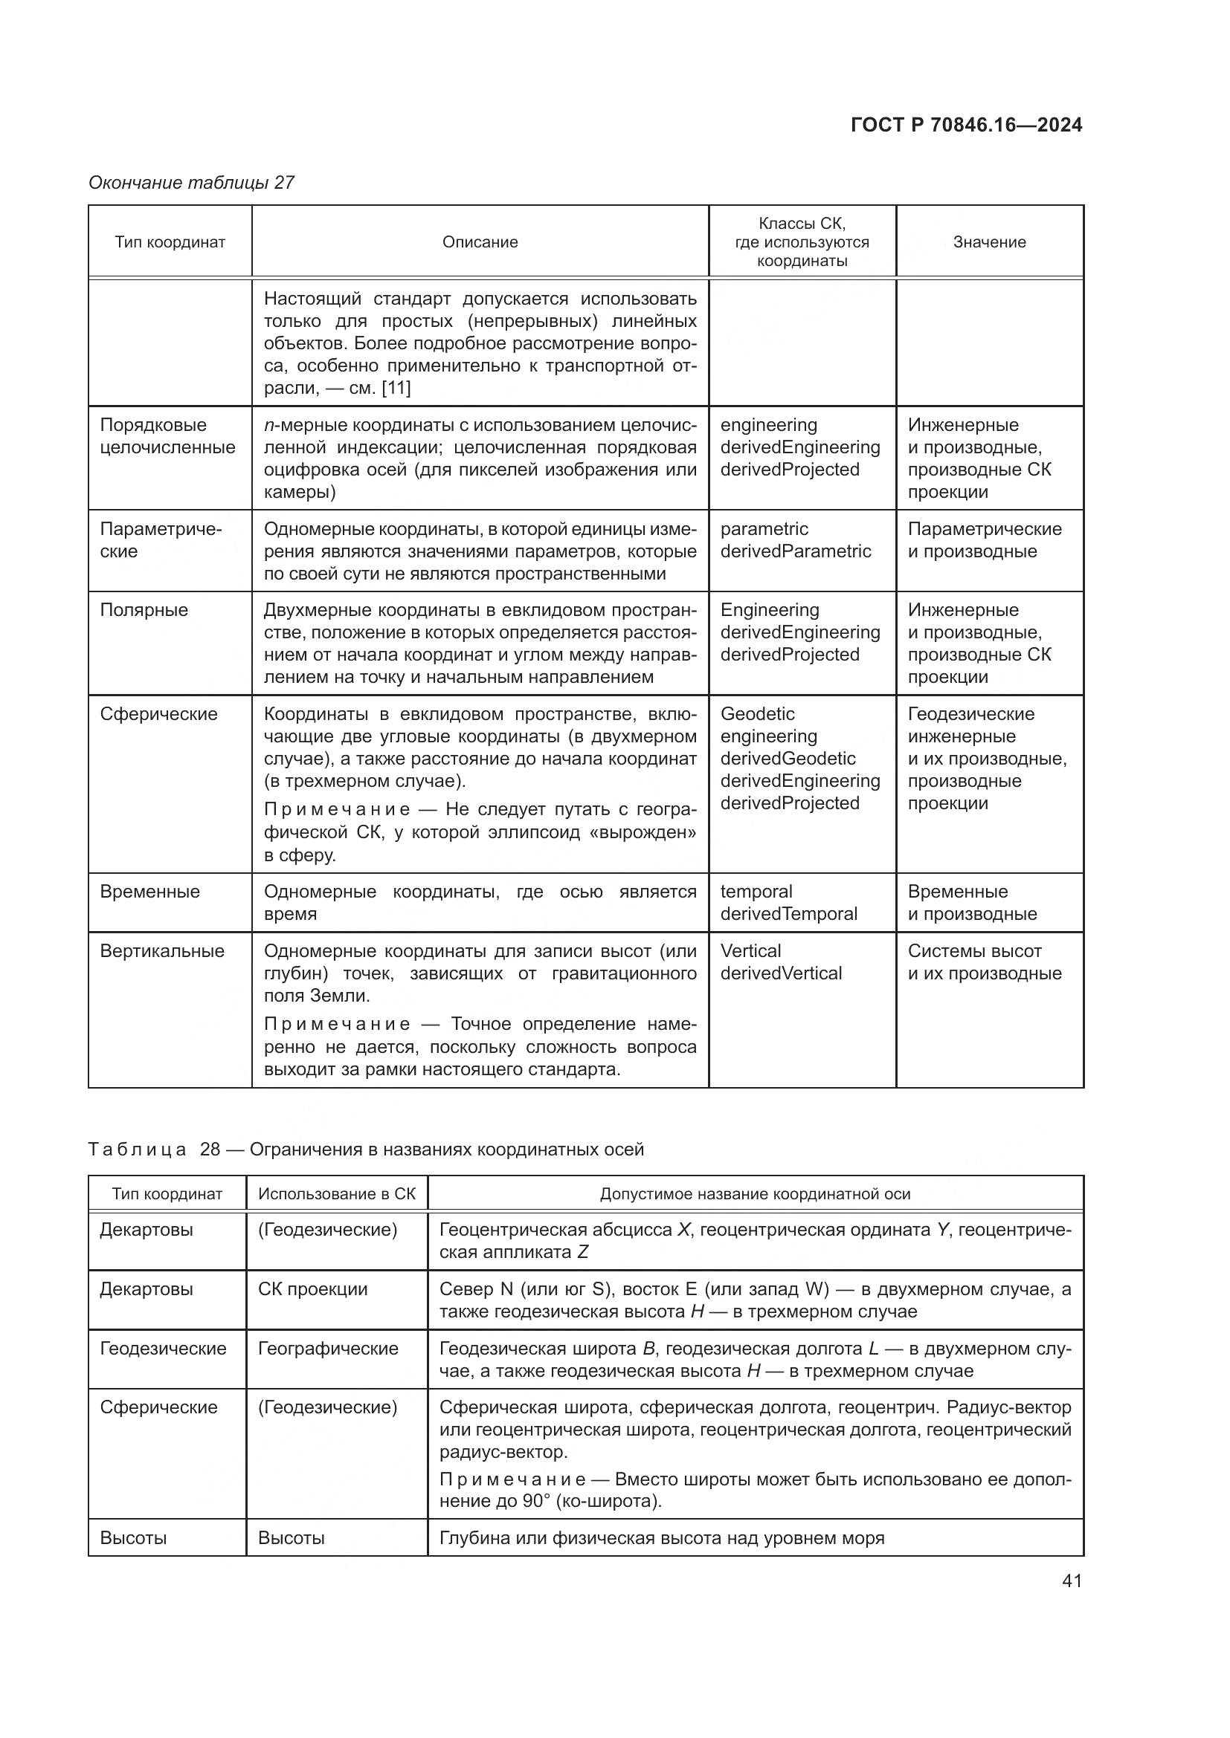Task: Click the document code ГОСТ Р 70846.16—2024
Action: coord(967,125)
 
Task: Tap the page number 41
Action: coord(1072,1580)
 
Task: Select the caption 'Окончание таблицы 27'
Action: coord(192,183)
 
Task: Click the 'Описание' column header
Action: coord(480,242)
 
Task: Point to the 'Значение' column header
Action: coord(989,242)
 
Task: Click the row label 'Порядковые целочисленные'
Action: coord(167,436)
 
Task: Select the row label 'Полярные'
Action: coord(144,610)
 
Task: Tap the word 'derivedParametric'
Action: coord(795,551)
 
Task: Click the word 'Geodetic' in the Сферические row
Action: coord(757,714)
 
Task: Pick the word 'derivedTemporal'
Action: coord(788,914)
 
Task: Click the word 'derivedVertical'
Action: coord(781,973)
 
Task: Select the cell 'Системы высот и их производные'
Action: coord(985,962)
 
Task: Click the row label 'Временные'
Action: coord(150,892)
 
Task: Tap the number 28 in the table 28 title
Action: coord(210,1149)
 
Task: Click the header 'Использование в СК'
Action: coord(337,1194)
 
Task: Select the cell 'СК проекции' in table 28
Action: coord(313,1289)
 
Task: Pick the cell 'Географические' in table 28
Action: coord(328,1348)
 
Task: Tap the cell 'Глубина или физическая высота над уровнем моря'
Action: coord(661,1538)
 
